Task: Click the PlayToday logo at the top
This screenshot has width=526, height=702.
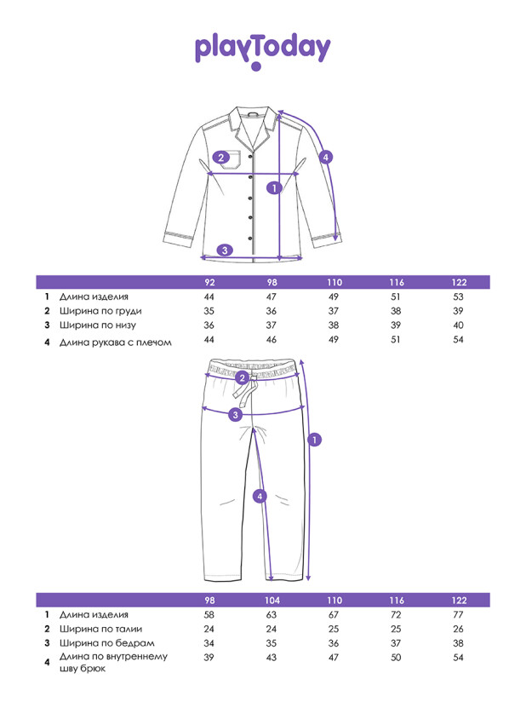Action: (262, 49)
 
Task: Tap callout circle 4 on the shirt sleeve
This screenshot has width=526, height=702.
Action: (325, 157)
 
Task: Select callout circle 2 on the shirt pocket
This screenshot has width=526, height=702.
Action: (221, 157)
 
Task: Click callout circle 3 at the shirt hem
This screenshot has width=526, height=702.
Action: (224, 250)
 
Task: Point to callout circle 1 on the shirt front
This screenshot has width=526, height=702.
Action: (274, 187)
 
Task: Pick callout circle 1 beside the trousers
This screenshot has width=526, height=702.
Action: (314, 440)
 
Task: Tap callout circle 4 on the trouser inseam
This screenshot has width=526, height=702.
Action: (260, 496)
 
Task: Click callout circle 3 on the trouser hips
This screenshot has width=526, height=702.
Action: (237, 414)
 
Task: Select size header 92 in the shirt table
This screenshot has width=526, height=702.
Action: (209, 283)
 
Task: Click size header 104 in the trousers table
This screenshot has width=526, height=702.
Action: (272, 599)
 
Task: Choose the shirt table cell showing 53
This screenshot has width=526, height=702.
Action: (460, 296)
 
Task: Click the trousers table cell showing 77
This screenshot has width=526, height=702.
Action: (460, 613)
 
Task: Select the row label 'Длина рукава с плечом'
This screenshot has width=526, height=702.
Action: (115, 342)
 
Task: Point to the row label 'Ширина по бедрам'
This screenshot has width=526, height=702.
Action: (100, 642)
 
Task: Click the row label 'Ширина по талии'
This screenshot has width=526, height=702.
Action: (97, 628)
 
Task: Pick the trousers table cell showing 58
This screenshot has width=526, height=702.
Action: (209, 613)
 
